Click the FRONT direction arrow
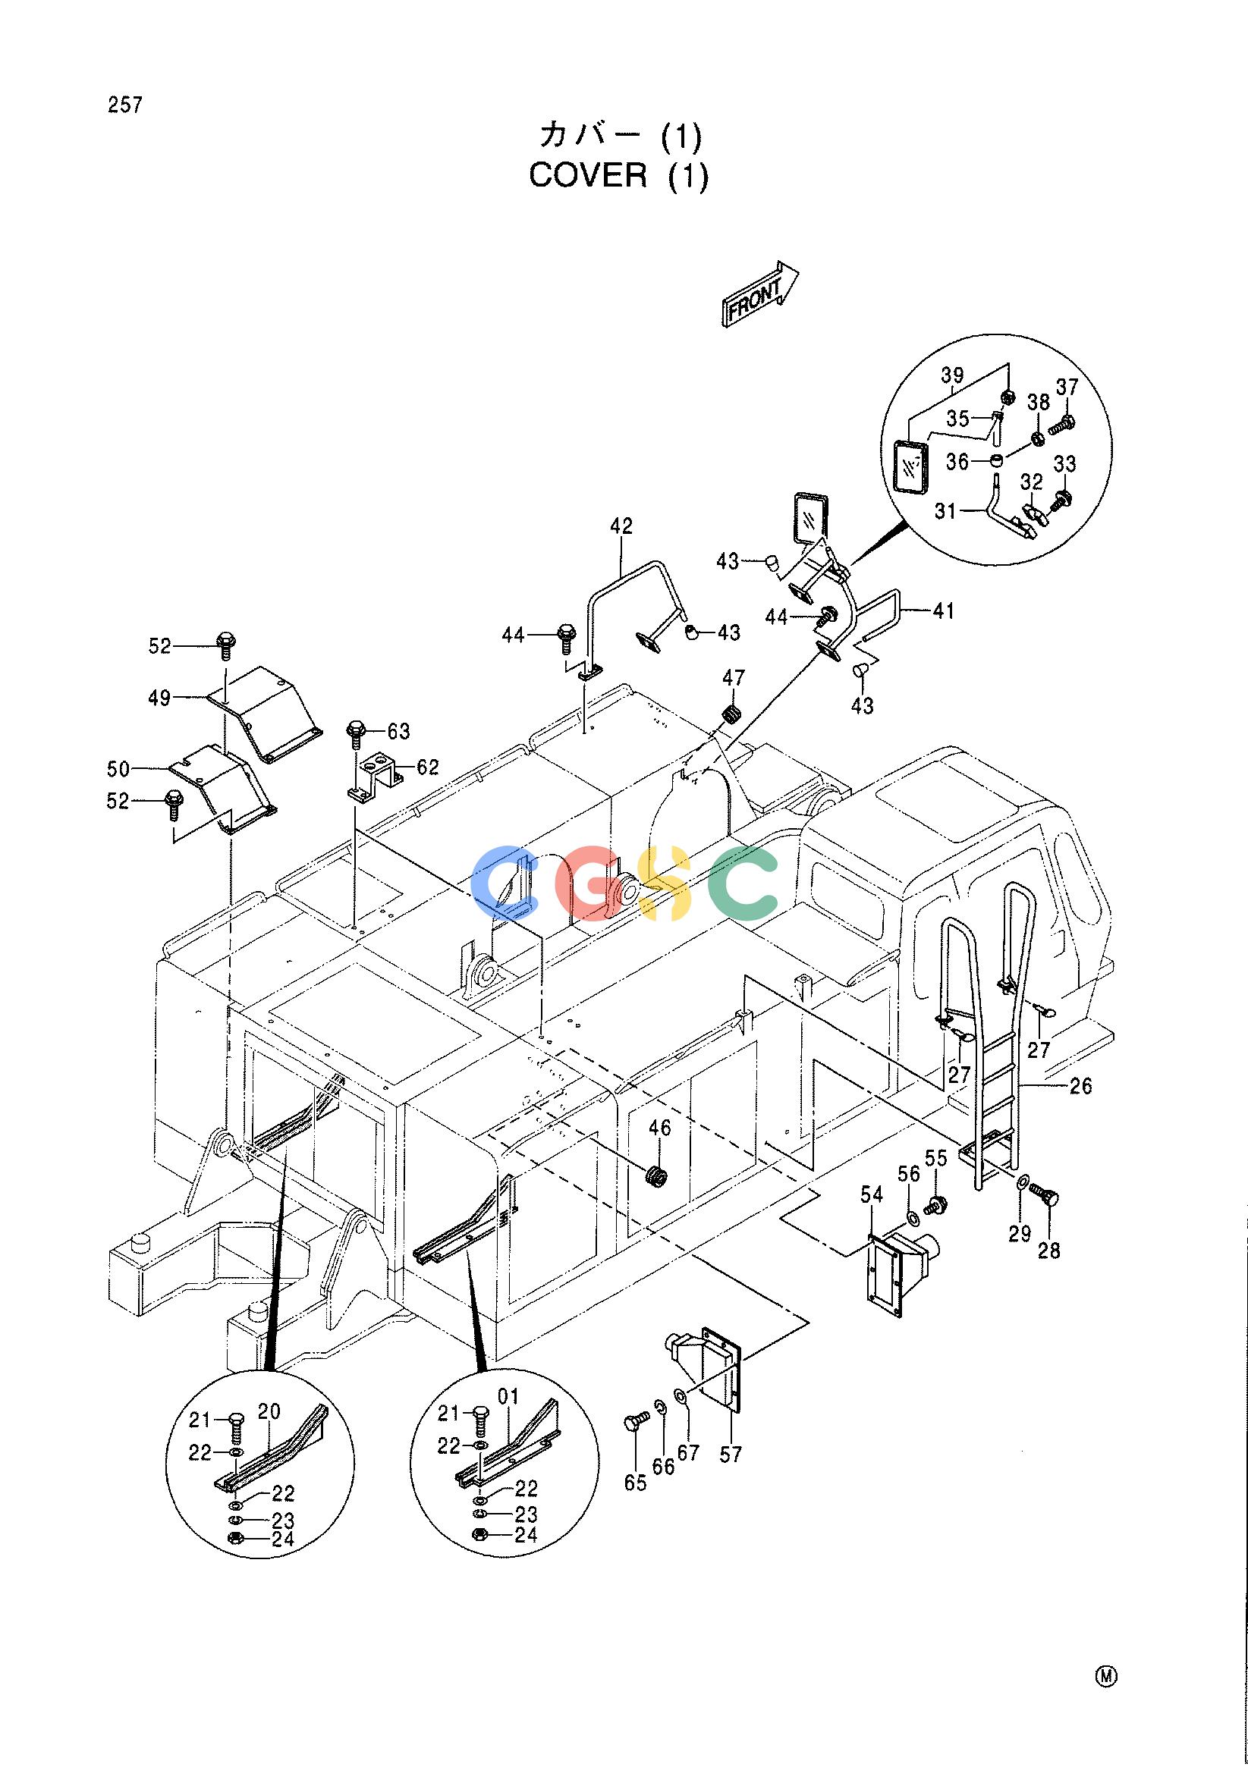tap(760, 293)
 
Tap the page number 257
tap(125, 105)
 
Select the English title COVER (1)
tap(618, 176)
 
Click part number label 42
tap(621, 526)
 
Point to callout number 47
tap(734, 677)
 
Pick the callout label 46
tap(660, 1128)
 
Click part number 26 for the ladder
tap(1081, 1086)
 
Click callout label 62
tap(427, 767)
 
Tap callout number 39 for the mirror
tap(952, 375)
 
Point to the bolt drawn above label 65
tap(636, 1420)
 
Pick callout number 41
tap(943, 611)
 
